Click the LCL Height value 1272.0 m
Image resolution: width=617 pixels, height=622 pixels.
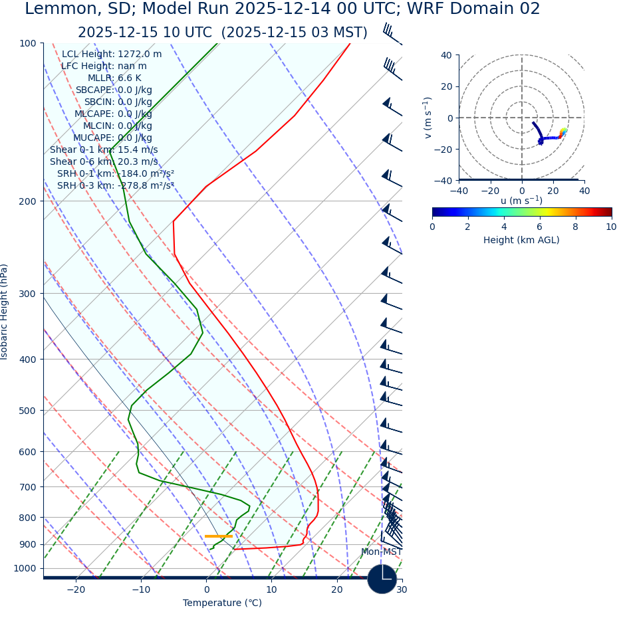click(x=139, y=54)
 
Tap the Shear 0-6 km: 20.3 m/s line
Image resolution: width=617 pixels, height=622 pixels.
click(x=104, y=161)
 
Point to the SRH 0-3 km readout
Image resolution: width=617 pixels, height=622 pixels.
click(x=115, y=185)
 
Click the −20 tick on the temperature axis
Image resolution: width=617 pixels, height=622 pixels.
click(x=76, y=590)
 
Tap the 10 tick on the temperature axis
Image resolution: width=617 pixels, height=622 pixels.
click(x=271, y=590)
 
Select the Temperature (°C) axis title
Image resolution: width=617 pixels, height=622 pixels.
click(x=222, y=603)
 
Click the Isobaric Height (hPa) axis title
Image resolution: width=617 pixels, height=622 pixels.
click(x=5, y=312)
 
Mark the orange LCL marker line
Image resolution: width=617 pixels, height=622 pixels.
click(x=219, y=536)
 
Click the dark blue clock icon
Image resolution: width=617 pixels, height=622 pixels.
click(x=382, y=579)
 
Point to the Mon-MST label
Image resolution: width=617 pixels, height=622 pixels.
click(x=381, y=552)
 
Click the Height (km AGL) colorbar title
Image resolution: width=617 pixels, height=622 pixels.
click(x=521, y=240)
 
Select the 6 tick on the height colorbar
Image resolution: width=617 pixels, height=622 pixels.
click(x=540, y=227)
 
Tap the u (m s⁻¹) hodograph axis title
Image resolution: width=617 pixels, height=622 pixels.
click(x=521, y=201)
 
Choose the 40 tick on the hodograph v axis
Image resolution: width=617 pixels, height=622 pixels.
click(x=447, y=55)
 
